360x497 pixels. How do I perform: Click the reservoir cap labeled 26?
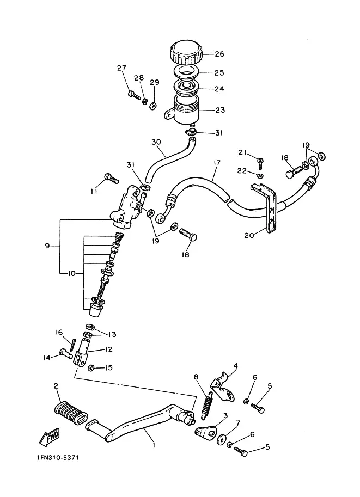(186, 53)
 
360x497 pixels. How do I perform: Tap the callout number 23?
(220, 110)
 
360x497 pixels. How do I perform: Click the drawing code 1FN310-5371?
(58, 458)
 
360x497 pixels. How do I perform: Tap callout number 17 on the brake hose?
(217, 163)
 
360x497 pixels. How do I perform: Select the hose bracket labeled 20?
(265, 207)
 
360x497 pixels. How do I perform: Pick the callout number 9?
(47, 246)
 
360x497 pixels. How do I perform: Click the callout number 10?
(72, 273)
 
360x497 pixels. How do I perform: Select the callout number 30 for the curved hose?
(156, 142)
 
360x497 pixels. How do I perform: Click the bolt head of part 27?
(131, 94)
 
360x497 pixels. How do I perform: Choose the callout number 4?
(235, 366)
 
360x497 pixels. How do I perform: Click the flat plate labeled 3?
(205, 431)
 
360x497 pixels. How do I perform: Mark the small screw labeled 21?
(260, 163)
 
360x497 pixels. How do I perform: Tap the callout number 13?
(112, 334)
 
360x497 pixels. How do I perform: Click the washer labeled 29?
(153, 106)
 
